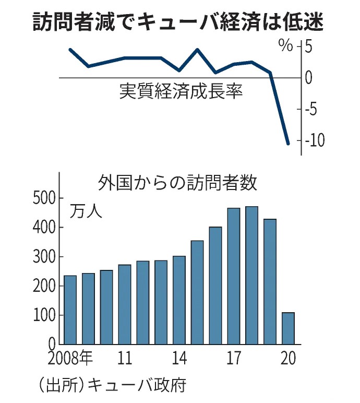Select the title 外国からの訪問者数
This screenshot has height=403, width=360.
click(x=178, y=184)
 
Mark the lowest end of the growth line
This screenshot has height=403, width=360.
click(x=288, y=143)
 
